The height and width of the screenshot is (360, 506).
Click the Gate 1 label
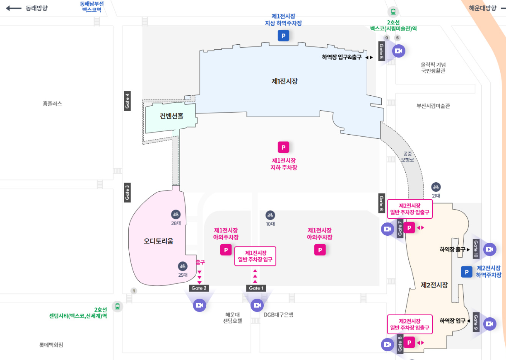(x=255, y=288)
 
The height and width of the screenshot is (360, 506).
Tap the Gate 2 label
(x=199, y=288)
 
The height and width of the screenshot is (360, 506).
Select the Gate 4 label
(x=128, y=101)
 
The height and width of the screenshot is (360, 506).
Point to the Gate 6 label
(x=381, y=203)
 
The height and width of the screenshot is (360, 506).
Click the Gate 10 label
(x=476, y=249)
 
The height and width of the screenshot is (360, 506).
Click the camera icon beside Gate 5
(x=398, y=51)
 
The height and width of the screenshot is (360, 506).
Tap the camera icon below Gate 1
(x=257, y=305)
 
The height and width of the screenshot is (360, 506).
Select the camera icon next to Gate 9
(x=489, y=324)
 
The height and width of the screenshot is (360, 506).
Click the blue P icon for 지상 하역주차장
(x=283, y=36)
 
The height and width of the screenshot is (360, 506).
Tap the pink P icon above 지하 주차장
(x=283, y=147)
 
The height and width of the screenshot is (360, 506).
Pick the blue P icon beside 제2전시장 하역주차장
(x=467, y=272)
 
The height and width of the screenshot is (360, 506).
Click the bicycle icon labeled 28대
(x=176, y=214)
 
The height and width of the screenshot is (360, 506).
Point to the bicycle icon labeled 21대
(x=436, y=187)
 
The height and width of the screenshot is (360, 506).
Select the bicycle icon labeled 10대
(x=270, y=215)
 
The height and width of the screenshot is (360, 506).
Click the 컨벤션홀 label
(x=171, y=116)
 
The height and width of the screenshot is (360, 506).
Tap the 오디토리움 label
(x=159, y=241)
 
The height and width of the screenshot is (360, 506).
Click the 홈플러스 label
(x=52, y=104)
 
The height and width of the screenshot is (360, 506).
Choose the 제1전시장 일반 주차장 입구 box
(x=255, y=256)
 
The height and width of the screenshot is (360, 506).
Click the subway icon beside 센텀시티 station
(x=118, y=307)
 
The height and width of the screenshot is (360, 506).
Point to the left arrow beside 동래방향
(x=14, y=8)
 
